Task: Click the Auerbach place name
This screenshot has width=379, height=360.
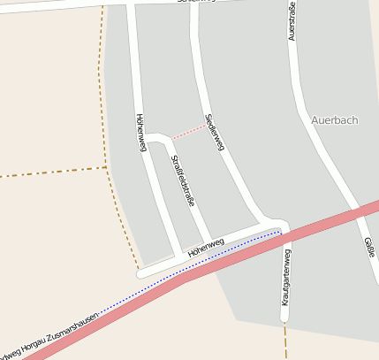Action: click(335, 119)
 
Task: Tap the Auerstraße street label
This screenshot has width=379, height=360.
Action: click(291, 21)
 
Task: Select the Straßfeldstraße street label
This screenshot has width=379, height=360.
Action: click(182, 180)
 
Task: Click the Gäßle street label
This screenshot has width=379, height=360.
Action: click(368, 246)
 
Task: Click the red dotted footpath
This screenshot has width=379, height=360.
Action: click(189, 132)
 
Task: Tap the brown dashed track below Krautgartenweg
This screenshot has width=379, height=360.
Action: click(285, 341)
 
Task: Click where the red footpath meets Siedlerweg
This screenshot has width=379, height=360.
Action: click(208, 125)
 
